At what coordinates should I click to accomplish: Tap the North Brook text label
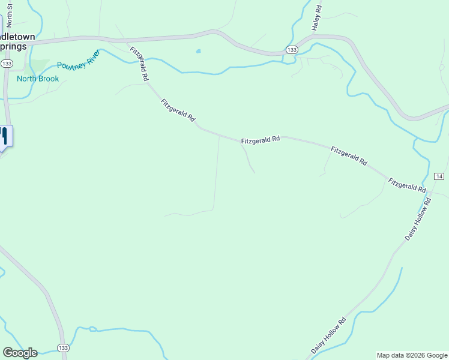[38, 79]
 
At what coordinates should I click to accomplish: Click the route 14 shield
[439, 176]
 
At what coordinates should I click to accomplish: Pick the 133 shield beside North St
[7, 63]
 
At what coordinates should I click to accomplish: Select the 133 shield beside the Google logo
[63, 348]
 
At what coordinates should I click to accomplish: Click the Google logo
[20, 353]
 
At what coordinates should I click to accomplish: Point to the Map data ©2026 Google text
[412, 355]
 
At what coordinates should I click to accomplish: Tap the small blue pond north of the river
[198, 52]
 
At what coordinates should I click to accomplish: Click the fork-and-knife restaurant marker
[3, 136]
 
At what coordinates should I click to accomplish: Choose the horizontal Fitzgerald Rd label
[261, 140]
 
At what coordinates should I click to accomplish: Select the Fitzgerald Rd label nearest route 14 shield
[407, 185]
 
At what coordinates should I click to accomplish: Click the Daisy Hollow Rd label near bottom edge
[329, 335]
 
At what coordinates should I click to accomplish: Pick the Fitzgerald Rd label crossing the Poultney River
[139, 64]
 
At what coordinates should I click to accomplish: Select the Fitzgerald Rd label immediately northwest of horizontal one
[178, 111]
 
